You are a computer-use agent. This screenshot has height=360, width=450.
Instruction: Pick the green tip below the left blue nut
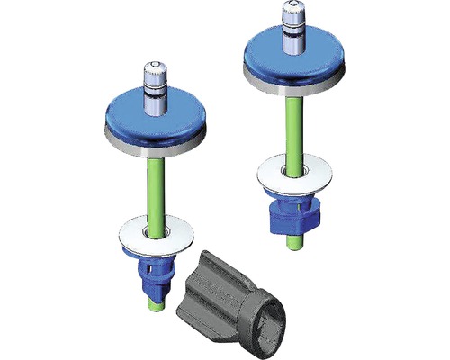[154, 306]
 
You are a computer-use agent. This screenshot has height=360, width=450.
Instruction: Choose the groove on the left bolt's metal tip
[154, 88]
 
